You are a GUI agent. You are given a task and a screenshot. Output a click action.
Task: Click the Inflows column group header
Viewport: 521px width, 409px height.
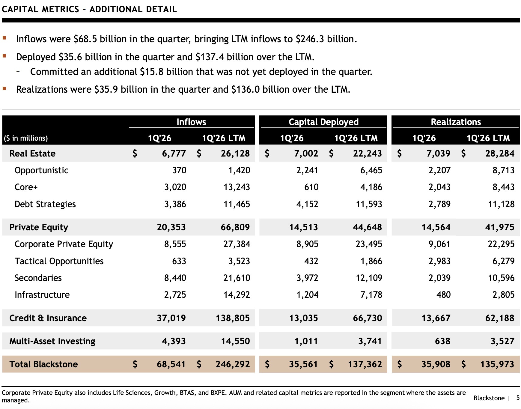(191, 122)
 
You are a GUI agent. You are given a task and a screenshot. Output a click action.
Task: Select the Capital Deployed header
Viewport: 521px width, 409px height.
(323, 122)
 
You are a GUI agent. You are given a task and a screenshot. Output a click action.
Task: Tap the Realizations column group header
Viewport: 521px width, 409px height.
(456, 122)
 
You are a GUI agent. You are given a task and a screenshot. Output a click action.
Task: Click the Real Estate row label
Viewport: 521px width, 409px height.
(32, 154)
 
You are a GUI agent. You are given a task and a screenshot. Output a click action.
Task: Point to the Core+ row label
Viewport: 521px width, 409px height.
(26, 187)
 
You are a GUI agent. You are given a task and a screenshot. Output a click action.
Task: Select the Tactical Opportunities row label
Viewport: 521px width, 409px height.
(59, 261)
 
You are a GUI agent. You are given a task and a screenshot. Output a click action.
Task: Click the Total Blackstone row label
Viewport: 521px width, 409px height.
(43, 364)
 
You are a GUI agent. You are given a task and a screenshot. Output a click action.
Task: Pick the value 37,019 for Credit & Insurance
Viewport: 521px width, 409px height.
(171, 318)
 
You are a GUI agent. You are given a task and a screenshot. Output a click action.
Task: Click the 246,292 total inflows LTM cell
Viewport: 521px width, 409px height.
(233, 364)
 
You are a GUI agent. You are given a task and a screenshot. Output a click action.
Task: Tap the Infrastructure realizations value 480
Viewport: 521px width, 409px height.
(443, 295)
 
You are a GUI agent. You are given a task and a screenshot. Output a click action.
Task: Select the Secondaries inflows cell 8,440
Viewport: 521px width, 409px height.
(175, 278)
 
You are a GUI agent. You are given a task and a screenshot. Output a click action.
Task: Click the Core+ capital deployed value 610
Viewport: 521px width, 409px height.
(311, 187)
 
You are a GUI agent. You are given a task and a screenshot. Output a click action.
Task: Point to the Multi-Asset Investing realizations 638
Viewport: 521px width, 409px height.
(442, 341)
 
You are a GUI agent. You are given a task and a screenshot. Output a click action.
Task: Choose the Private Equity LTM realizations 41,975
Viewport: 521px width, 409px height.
(500, 227)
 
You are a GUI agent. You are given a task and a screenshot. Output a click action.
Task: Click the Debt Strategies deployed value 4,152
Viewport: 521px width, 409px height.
(307, 204)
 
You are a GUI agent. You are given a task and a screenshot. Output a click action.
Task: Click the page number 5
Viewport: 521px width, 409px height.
(518, 398)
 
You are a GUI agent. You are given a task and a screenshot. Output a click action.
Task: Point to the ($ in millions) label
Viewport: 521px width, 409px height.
(26, 138)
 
